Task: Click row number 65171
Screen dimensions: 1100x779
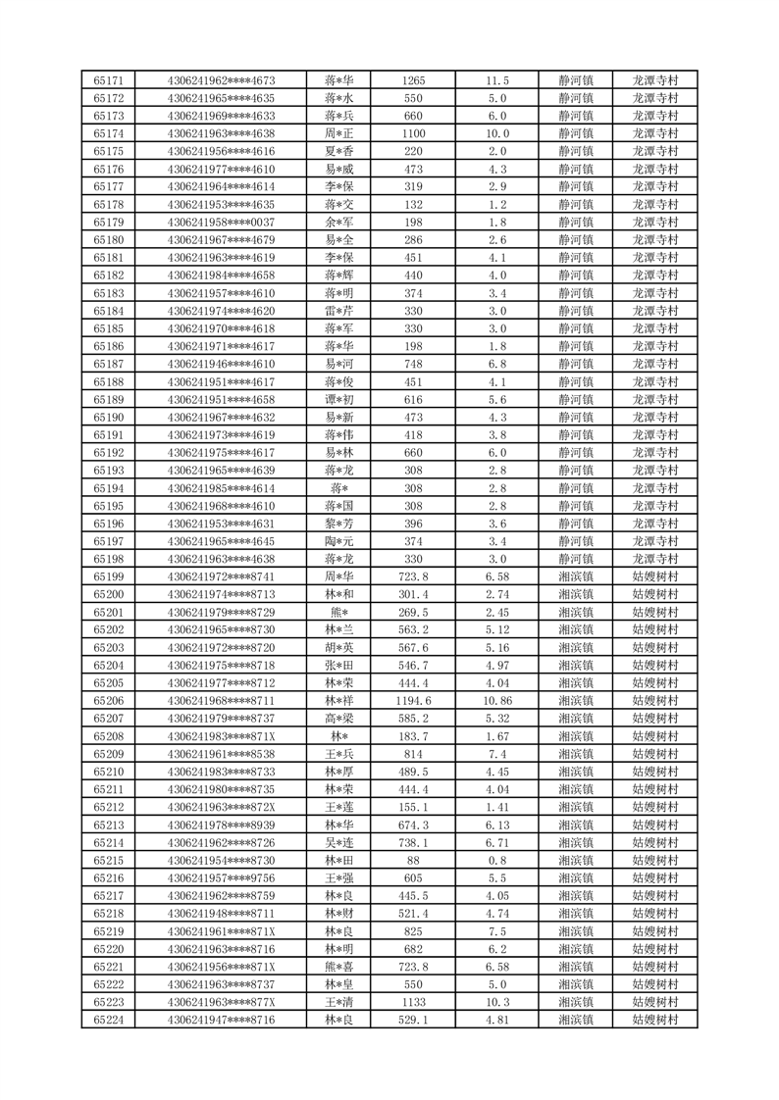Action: tap(108, 80)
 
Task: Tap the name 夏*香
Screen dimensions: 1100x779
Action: tap(339, 151)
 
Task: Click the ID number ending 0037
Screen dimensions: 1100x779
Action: tap(222, 223)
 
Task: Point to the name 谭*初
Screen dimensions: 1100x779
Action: tap(339, 400)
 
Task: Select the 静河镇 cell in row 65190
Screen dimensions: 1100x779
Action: tap(576, 418)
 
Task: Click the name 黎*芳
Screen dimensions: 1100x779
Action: tap(339, 524)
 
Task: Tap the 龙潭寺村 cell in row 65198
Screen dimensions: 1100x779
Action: tap(655, 559)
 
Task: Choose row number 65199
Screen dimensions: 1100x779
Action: tap(108, 576)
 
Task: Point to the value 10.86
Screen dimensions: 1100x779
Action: tap(497, 701)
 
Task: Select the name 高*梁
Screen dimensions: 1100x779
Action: tap(339, 719)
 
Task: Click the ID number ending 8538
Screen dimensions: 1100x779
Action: tap(222, 754)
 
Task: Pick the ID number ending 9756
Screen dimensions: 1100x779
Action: tap(222, 877)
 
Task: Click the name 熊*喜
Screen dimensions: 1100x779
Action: tap(339, 967)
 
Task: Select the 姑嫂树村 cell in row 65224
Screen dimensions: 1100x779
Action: tap(655, 1020)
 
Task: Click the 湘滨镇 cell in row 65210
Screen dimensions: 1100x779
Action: tap(576, 772)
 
